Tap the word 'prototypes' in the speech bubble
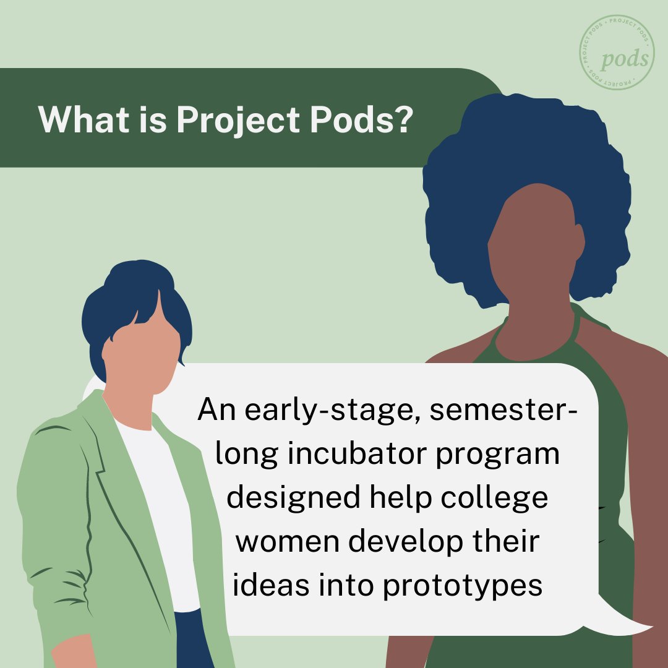click(x=463, y=585)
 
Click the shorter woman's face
click(x=140, y=359)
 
